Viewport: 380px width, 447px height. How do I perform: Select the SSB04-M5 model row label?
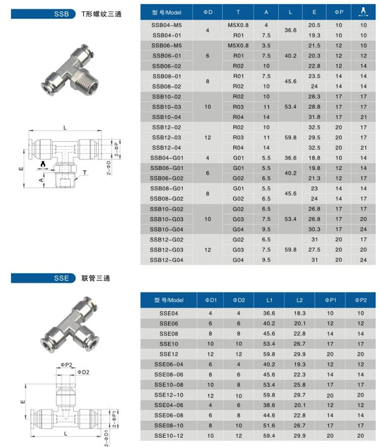point(167,25)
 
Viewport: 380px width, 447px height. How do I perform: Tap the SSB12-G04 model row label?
point(167,260)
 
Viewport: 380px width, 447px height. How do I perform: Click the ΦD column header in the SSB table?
point(208,11)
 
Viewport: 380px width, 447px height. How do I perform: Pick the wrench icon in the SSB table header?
point(362,11)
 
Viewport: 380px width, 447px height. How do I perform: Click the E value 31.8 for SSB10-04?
point(314,116)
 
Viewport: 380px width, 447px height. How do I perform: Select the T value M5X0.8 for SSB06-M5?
point(238,45)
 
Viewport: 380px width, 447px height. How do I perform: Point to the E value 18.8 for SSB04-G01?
point(314,157)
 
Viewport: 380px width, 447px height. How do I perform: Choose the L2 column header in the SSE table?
point(300,300)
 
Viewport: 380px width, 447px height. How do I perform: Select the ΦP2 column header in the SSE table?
point(361,300)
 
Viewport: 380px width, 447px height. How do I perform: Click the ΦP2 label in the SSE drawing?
point(61,365)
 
